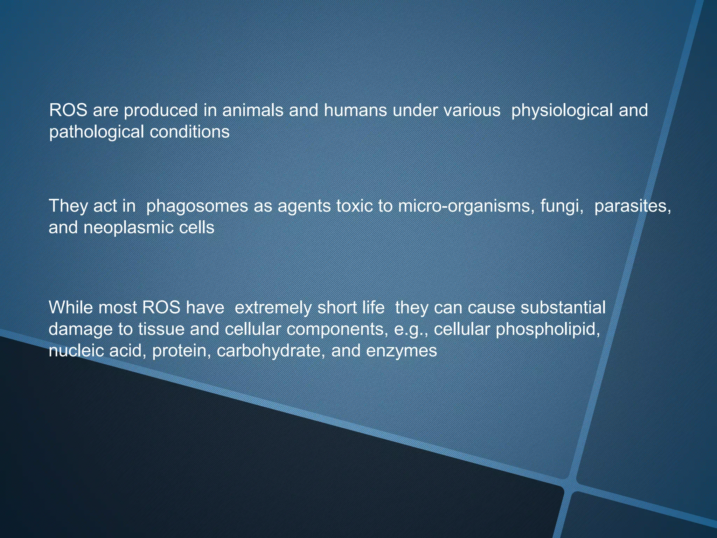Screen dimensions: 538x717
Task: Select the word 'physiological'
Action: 562,111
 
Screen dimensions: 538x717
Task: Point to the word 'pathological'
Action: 96,132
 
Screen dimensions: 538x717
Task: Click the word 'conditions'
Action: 189,132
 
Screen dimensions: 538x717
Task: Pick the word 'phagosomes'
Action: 197,206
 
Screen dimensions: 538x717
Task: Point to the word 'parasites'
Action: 632,206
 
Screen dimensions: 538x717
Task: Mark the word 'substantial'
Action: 563,308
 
